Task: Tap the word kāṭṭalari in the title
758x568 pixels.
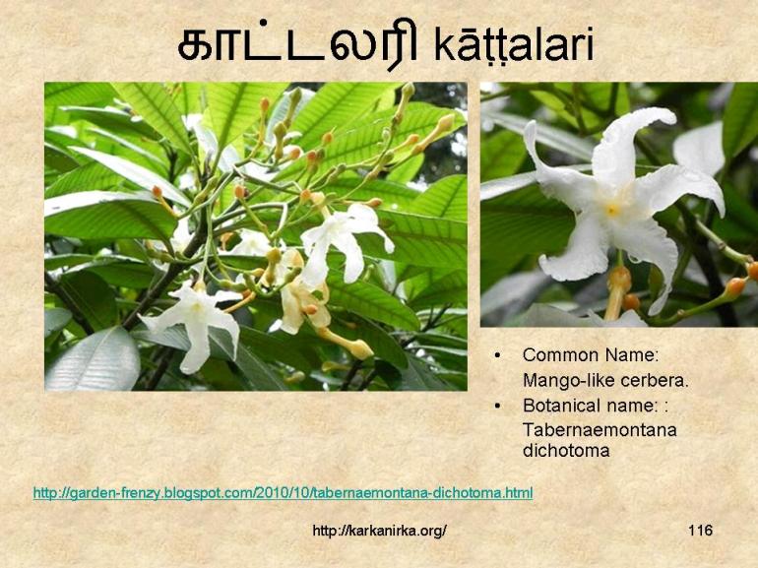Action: tap(513, 45)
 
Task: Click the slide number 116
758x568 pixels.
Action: tap(700, 531)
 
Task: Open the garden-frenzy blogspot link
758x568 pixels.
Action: tap(283, 492)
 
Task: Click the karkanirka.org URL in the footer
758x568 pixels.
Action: tap(379, 532)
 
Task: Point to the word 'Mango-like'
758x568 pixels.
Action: tap(561, 379)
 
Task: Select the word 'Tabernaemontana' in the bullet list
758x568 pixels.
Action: tap(600, 429)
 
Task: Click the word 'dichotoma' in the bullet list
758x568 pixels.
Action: tap(566, 451)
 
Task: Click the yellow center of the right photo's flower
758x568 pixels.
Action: tap(612, 209)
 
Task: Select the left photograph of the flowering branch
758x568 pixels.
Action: tap(256, 236)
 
